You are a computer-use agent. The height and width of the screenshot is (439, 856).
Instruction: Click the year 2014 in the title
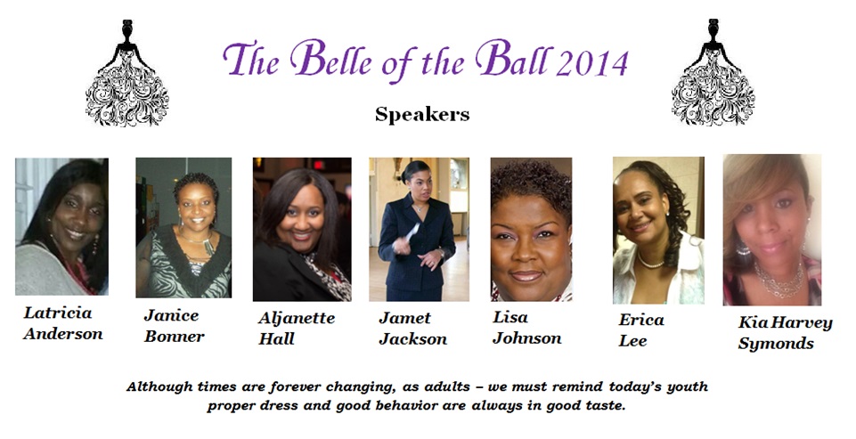(592, 62)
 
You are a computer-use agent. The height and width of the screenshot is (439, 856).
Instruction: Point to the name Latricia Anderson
(62, 324)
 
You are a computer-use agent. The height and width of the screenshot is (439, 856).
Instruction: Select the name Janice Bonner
(174, 326)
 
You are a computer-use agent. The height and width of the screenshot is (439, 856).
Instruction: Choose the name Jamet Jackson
(412, 329)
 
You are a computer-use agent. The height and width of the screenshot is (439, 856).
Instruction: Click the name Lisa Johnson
(526, 327)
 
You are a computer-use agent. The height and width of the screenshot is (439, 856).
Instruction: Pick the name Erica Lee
(641, 329)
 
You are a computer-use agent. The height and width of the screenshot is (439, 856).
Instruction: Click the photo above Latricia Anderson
(61, 226)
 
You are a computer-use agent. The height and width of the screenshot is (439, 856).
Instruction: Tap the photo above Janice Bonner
(183, 227)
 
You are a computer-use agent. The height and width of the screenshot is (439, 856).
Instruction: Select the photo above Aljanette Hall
(302, 229)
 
